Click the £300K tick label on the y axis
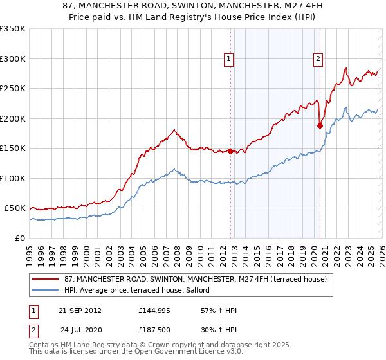13,59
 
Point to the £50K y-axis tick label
15,208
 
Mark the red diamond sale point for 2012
230,152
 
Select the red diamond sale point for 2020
320,126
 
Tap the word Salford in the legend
196,290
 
